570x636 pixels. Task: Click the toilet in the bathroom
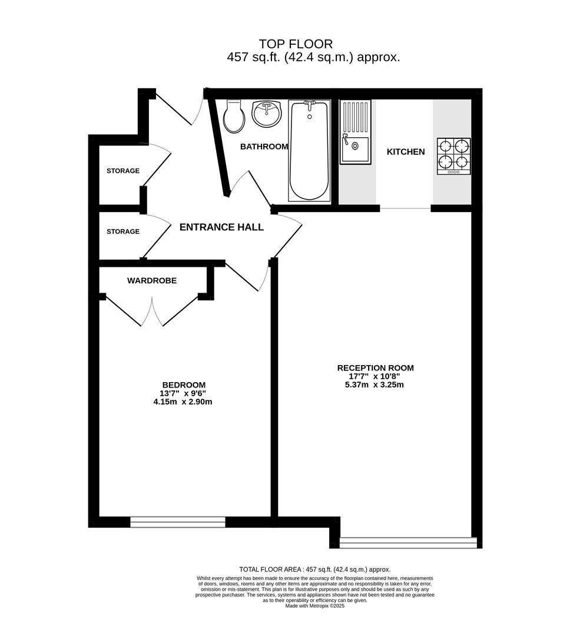234,117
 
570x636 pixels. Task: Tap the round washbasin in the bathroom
267,113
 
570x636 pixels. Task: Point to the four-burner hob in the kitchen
454,157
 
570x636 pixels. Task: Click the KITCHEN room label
406,152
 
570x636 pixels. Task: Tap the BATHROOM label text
264,147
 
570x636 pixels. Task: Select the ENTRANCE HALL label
221,227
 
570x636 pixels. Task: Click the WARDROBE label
152,281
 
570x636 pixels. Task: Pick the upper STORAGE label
123,171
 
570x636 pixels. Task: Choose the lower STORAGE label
123,231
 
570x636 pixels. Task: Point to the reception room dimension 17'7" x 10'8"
375,376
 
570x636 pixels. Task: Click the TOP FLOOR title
296,44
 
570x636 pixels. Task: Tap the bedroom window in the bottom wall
178,522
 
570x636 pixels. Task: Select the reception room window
408,543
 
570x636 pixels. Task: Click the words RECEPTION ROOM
376,368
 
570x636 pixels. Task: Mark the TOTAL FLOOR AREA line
315,569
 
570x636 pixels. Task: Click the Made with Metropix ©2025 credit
315,606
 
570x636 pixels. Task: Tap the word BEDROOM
184,385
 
